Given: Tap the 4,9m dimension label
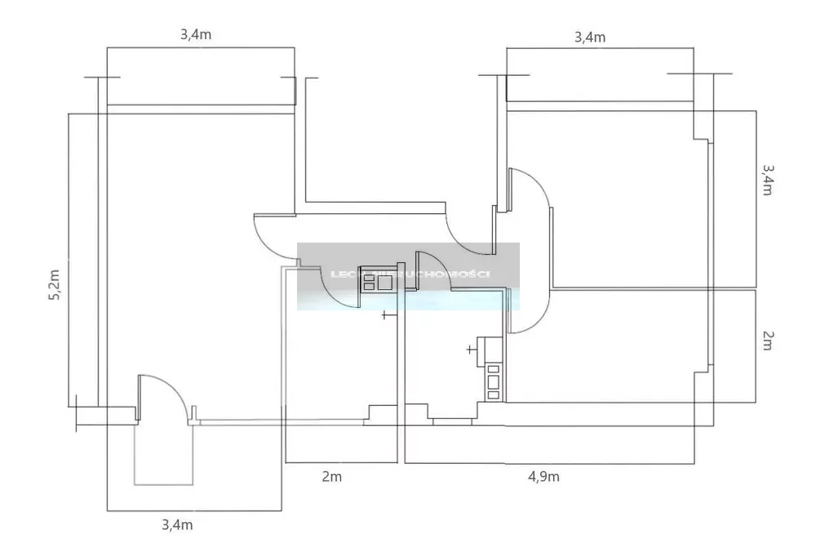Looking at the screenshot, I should pyautogui.click(x=542, y=476).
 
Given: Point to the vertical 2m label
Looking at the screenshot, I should pyautogui.click(x=768, y=341).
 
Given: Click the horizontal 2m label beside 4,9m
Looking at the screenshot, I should pyautogui.click(x=331, y=476).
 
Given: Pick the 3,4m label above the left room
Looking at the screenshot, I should pyautogui.click(x=196, y=35).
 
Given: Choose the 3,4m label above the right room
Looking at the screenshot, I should pyautogui.click(x=590, y=37).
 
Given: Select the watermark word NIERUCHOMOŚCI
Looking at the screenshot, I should pyautogui.click(x=441, y=274).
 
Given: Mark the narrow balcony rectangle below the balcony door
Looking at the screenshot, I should pyautogui.click(x=164, y=454).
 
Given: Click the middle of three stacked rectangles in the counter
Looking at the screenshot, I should pyautogui.click(x=493, y=381).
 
